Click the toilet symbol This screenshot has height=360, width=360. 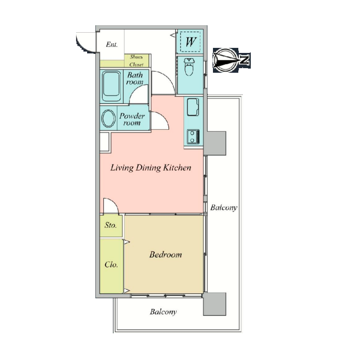(190, 67)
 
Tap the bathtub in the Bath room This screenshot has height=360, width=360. (112, 86)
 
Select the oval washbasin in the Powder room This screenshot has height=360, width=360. (108, 118)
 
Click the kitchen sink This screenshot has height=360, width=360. (193, 107)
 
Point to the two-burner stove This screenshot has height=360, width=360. (193, 137)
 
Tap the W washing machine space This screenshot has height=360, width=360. (190, 42)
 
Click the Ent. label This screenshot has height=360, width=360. (112, 45)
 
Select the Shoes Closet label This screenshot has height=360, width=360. (136, 61)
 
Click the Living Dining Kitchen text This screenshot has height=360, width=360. (151, 168)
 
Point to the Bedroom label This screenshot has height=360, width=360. (165, 255)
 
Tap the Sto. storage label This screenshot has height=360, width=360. (111, 225)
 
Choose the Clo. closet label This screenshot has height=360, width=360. (111, 265)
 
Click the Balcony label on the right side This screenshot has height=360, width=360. (224, 208)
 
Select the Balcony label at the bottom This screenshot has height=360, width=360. (163, 312)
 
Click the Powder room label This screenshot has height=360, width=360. (132, 119)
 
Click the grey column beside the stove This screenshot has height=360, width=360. (215, 143)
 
